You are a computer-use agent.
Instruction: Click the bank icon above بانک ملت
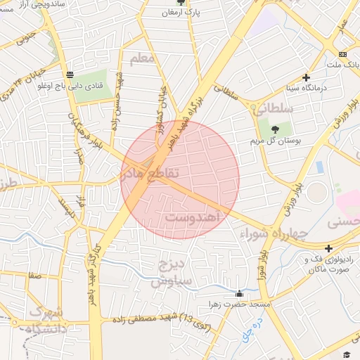(x=342, y=54)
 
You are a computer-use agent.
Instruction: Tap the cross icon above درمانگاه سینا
(x=306, y=77)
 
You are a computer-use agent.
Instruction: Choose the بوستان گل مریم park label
(x=276, y=141)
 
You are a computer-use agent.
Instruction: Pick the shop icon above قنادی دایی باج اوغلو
(x=70, y=75)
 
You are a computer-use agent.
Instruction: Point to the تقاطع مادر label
(x=150, y=172)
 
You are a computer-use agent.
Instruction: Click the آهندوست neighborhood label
(x=193, y=219)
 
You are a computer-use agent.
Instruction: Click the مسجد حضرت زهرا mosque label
(x=229, y=304)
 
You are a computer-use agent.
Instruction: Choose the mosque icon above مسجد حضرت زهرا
(x=239, y=294)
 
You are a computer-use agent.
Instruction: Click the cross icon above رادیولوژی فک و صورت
(x=328, y=247)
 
